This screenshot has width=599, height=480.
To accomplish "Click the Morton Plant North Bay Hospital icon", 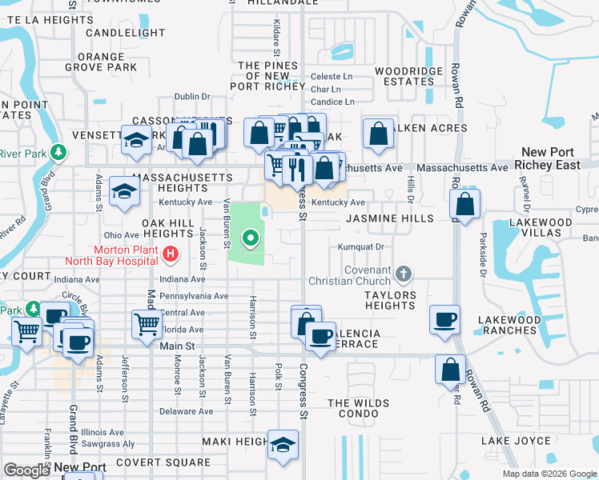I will tap(170, 255).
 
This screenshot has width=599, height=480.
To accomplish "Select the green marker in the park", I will tap(251, 238).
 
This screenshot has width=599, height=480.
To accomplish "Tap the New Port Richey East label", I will tap(548, 158).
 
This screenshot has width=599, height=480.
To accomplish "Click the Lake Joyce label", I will tap(516, 441).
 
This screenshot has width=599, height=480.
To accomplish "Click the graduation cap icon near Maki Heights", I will tap(283, 445).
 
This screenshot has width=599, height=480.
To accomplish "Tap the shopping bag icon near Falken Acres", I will tap(378, 134).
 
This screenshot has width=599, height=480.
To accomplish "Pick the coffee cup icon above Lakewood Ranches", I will tap(444, 319).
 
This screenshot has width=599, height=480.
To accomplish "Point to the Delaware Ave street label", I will tap(186, 411).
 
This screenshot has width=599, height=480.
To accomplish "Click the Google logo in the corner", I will tap(26, 470).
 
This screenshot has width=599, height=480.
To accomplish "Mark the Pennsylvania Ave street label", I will tap(193, 296).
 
